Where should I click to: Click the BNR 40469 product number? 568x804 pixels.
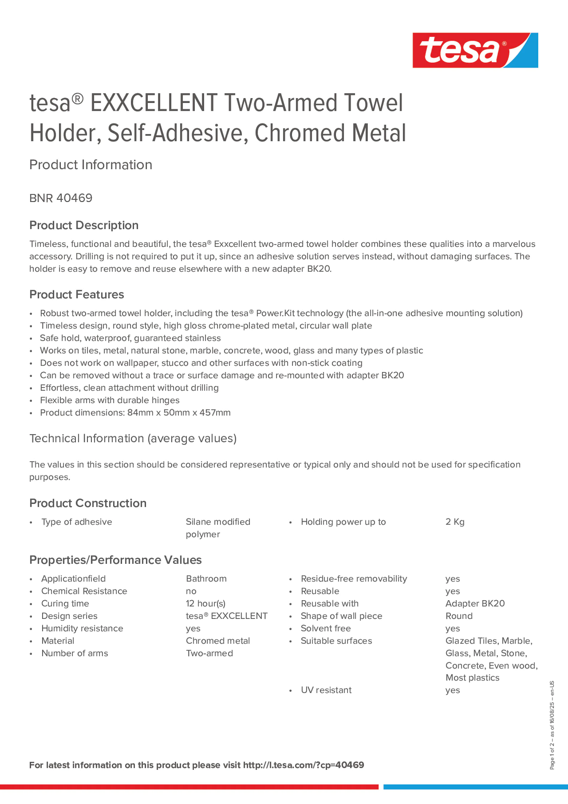click(x=61, y=198)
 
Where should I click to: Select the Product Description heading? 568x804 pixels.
click(x=84, y=225)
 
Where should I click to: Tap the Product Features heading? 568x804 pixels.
click(x=77, y=294)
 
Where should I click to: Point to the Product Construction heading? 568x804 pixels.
click(x=88, y=503)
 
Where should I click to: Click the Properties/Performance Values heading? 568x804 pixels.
click(x=116, y=560)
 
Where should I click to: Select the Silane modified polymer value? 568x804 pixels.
click(x=218, y=528)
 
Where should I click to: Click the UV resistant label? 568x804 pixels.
click(x=326, y=690)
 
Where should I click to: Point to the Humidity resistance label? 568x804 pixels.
click(x=82, y=628)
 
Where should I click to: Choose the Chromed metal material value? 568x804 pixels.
click(x=218, y=641)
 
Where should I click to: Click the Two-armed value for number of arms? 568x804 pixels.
click(x=210, y=653)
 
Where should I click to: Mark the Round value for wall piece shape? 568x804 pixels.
click(x=459, y=616)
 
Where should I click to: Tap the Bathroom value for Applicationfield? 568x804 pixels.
click(x=206, y=579)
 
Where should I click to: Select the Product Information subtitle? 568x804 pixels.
click(x=91, y=165)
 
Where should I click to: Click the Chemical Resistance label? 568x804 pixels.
click(x=84, y=591)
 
